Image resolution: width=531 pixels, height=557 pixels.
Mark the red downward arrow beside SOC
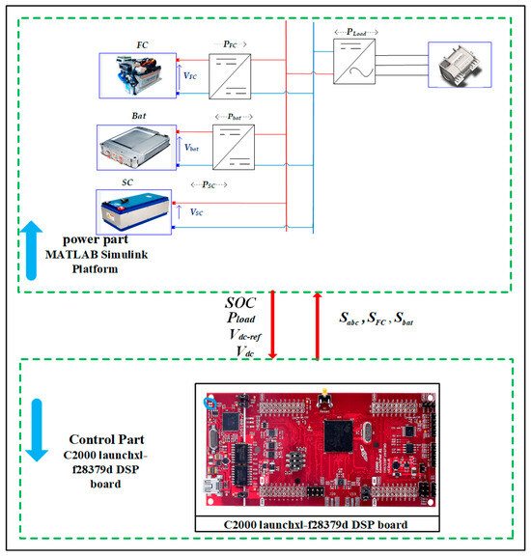point(275,324)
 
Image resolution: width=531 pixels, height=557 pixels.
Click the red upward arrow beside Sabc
point(318,324)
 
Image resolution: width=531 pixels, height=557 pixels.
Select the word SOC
point(242,301)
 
